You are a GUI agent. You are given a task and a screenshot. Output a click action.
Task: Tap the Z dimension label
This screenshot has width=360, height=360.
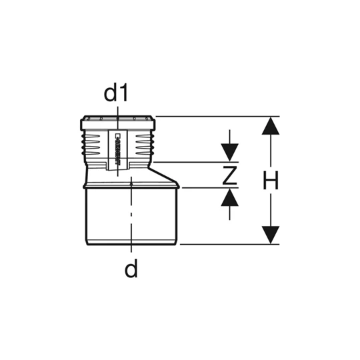point(230,175)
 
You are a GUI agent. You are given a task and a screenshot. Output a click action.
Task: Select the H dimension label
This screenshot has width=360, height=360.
point(270,181)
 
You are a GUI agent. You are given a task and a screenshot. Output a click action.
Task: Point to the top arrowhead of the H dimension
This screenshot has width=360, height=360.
point(269,127)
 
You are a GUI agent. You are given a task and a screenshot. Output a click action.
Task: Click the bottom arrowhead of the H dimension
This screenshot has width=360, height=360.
point(269,234)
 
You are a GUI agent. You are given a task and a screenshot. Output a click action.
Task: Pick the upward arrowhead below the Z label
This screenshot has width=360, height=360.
point(230,197)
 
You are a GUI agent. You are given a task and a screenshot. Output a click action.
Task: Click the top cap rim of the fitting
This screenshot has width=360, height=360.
point(118,123)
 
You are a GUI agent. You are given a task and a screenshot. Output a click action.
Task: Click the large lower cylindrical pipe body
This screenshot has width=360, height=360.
point(131,213)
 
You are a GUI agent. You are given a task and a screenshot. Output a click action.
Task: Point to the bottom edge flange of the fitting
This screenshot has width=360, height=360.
point(131,243)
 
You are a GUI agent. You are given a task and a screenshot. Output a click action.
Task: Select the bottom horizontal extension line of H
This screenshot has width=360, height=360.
point(227,244)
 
